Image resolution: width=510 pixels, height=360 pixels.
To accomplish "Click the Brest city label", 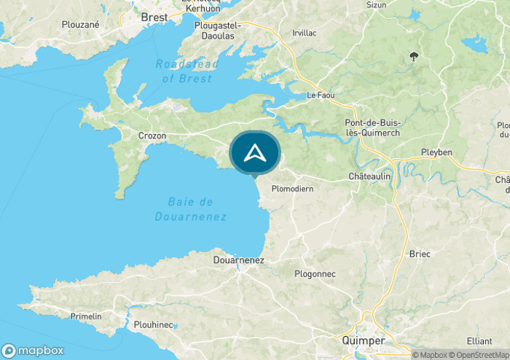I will coord(154,16).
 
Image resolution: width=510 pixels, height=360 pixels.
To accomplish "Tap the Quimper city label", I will coord(364,340).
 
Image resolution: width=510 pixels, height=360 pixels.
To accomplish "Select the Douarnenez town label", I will coord(239,259).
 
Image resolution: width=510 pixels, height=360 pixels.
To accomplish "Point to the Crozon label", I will coord(152,136).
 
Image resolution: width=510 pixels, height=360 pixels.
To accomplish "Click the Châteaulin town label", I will coord(370,176).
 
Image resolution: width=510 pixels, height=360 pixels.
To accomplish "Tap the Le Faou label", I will coord(320,95).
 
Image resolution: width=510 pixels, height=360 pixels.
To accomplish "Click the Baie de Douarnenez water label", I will coord(191,208).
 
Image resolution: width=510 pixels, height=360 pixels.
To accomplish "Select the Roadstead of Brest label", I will coord(187,71).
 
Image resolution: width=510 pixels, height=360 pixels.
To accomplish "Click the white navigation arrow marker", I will coord(254,153).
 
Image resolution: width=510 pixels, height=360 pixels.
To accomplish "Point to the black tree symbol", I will coord(414,56).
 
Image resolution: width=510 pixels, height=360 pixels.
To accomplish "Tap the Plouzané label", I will coord(80,23).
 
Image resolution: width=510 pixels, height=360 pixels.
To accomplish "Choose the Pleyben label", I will coord(436,152).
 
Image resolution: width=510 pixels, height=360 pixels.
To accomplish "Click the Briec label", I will coord(420,254).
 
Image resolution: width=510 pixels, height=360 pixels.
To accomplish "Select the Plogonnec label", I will coord(314,273).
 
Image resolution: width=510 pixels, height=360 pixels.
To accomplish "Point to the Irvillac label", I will coord(304,34).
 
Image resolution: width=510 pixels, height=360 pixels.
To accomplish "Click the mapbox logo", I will coord(33,349).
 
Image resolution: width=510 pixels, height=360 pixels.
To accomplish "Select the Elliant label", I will coord(480,340).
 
